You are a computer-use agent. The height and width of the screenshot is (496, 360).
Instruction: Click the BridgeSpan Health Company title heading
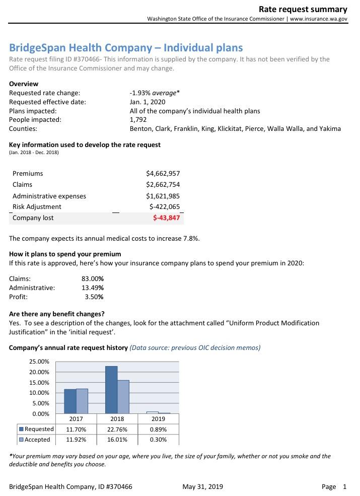(126, 48)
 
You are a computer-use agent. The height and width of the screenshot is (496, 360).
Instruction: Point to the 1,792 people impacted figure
(138, 120)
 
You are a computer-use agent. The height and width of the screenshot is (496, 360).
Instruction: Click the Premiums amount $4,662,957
(163, 174)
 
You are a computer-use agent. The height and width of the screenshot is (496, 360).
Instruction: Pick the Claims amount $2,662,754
(163, 185)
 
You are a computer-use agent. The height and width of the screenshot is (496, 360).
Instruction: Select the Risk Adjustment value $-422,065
(165, 206)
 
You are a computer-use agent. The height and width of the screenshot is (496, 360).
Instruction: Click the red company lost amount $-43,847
(166, 218)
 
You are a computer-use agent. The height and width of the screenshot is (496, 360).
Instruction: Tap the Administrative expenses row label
(49, 196)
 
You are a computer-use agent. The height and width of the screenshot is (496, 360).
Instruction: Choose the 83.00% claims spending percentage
(93, 278)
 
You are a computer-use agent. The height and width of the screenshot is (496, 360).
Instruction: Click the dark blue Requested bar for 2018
(111, 390)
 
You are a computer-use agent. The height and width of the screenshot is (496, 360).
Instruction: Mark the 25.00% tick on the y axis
(40, 362)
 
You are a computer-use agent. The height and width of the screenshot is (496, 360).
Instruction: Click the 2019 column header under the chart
(158, 419)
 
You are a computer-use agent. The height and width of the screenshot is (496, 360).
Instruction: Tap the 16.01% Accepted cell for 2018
(117, 440)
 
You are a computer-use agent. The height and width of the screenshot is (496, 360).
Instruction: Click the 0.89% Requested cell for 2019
(158, 430)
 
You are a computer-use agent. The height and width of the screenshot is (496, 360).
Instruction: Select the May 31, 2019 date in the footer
(203, 486)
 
